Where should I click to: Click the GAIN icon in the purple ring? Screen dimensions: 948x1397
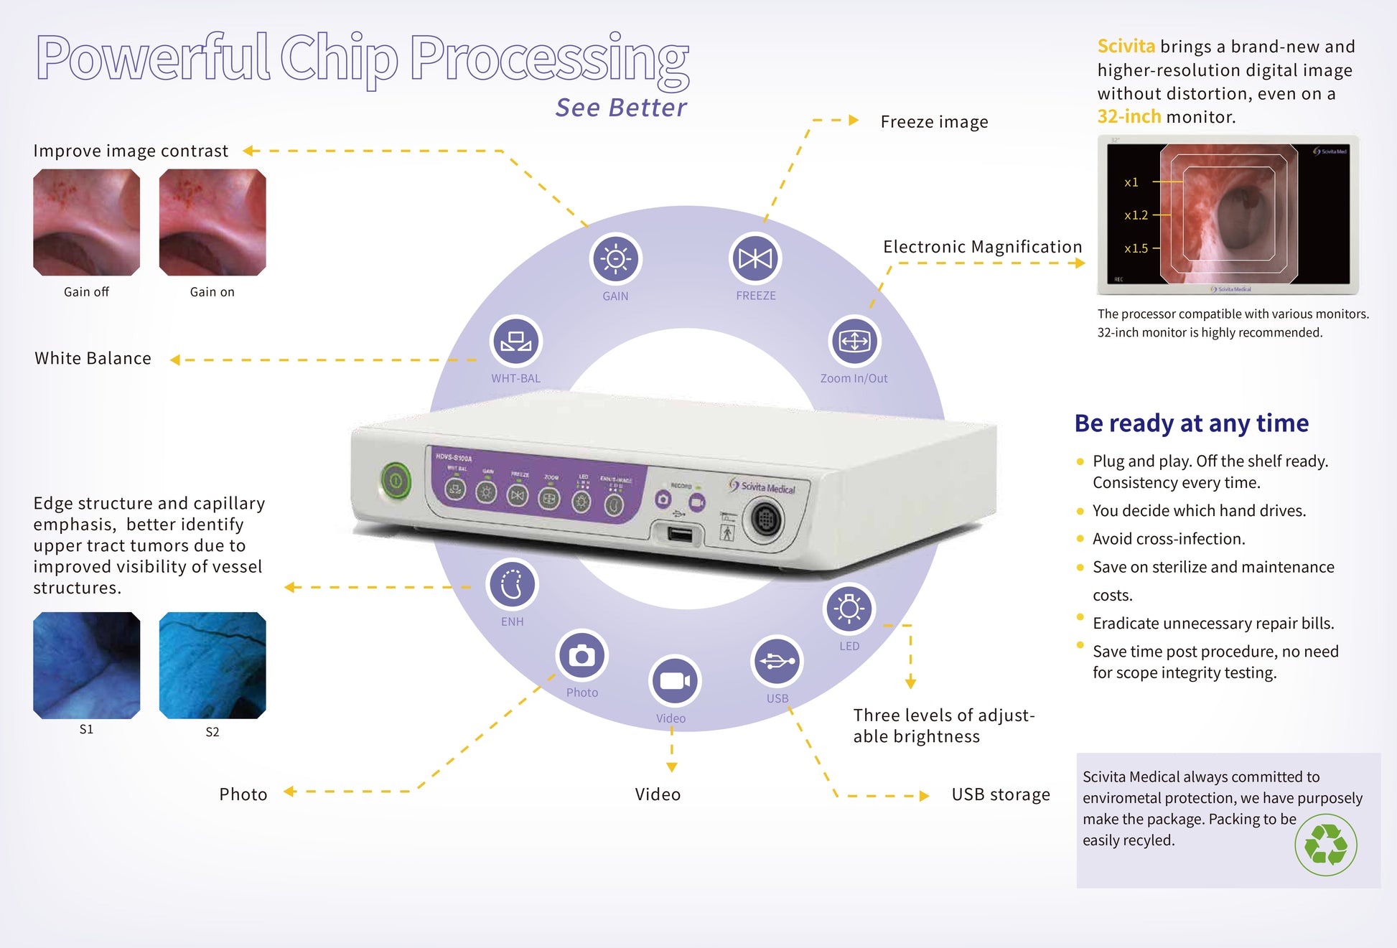[615, 258]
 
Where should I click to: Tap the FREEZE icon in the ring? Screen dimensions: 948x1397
[755, 258]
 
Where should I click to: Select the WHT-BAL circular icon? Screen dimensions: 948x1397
[515, 341]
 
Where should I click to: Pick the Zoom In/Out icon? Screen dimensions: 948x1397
[854, 341]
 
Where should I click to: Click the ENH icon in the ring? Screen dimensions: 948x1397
[512, 584]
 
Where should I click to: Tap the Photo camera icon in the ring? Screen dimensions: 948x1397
[581, 655]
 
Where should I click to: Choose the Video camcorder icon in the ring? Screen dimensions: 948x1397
[674, 680]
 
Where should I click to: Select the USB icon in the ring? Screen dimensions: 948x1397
[777, 661]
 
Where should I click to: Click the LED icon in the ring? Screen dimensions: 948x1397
[849, 609]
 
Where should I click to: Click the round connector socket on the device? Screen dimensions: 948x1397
[765, 518]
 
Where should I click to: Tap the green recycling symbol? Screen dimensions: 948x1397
[1325, 845]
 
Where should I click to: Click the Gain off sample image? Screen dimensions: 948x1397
[87, 222]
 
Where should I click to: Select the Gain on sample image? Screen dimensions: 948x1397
[212, 222]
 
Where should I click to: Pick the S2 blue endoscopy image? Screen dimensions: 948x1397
[212, 665]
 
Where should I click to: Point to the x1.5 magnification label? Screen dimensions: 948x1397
[1136, 248]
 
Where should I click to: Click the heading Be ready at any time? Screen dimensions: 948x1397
[1191, 423]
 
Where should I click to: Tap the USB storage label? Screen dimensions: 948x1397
[1000, 794]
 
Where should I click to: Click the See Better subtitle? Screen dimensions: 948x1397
[621, 108]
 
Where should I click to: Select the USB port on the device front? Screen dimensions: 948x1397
[679, 534]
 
